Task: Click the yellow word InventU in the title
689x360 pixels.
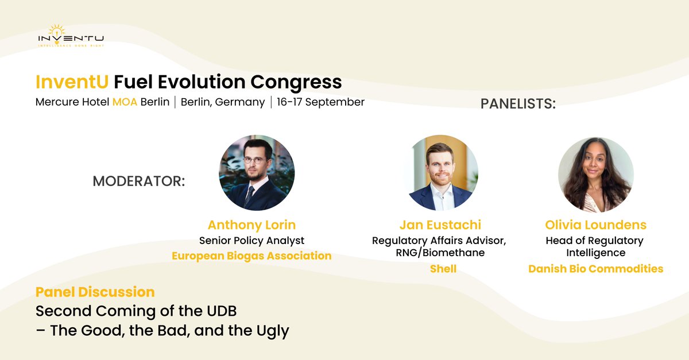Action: (x=72, y=82)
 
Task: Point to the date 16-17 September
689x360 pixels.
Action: (x=320, y=102)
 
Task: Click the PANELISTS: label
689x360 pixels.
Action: (x=518, y=104)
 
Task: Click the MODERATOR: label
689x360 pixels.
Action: (x=139, y=181)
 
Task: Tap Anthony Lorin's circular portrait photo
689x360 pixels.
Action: (x=257, y=173)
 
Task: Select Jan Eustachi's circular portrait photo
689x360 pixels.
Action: (x=440, y=173)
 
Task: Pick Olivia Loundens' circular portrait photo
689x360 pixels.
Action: (x=596, y=175)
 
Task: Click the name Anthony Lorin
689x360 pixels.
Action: (x=251, y=224)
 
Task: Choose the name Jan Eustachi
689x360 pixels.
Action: (x=439, y=224)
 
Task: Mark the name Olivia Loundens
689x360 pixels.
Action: (x=595, y=224)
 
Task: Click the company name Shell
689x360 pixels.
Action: (x=443, y=269)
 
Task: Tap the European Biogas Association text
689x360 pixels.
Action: (x=251, y=256)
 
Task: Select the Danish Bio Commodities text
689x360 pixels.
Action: (x=595, y=269)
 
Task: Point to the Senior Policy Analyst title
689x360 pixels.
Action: (x=251, y=240)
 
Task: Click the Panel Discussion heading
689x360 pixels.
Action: (x=95, y=292)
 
